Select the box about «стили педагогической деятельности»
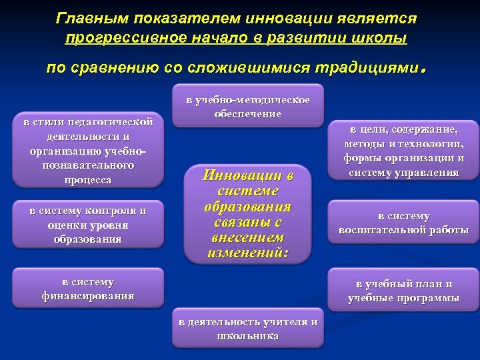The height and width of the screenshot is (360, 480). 89,151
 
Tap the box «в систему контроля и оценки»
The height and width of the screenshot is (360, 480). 88,225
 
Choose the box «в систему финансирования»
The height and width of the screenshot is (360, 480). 88,289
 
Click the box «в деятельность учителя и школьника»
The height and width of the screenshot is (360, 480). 248,329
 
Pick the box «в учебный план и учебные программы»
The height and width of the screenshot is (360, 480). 403,291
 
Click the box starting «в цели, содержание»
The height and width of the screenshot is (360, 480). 403,151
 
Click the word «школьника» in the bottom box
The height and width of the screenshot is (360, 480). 248,336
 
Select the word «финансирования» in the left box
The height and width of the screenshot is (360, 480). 88,296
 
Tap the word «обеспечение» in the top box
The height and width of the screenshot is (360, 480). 248,114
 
